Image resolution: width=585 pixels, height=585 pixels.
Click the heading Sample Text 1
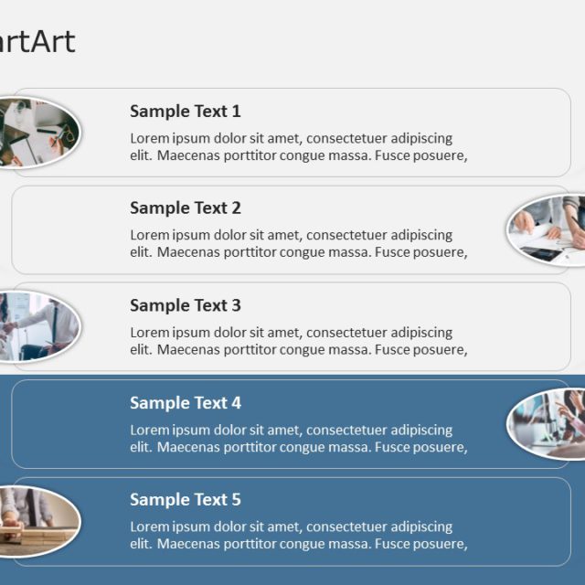(185, 112)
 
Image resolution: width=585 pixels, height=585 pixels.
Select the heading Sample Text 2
(185, 208)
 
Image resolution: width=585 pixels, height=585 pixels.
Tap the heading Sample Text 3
(185, 305)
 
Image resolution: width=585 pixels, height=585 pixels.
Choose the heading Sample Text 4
(185, 403)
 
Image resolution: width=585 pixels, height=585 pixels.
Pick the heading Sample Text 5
(185, 500)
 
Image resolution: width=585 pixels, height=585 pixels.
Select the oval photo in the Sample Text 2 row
(547, 229)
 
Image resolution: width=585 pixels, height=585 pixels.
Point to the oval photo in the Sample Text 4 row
(547, 422)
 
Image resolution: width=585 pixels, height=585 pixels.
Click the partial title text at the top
(37, 41)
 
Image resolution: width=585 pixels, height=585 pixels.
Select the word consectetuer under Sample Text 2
(346, 236)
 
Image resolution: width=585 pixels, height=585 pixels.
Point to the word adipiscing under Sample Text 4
(421, 430)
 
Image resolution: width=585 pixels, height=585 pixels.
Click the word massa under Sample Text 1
(351, 155)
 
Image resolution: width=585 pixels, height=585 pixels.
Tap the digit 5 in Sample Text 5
(236, 500)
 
